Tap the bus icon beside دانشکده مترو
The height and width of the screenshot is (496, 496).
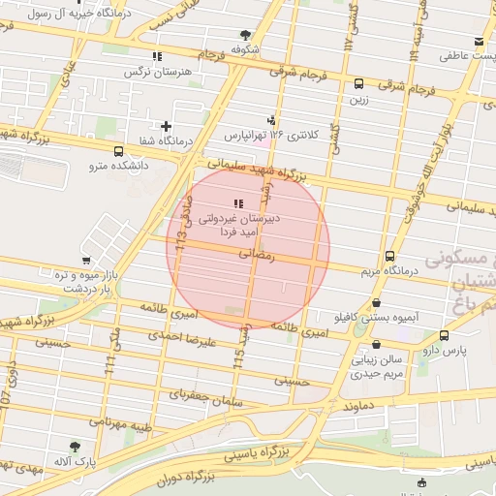coord(118,151)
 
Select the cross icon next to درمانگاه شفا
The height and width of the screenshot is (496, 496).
coord(166,126)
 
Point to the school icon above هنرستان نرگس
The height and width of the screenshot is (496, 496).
coord(158,55)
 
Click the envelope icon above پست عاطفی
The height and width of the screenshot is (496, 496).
coord(480,42)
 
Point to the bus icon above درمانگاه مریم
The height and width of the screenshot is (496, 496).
coord(389,257)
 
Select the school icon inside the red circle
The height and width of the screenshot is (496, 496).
coord(238,202)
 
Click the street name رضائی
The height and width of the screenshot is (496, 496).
coord(263,255)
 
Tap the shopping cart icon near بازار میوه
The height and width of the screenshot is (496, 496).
coord(86,261)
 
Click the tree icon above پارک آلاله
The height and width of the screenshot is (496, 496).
coord(75,447)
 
